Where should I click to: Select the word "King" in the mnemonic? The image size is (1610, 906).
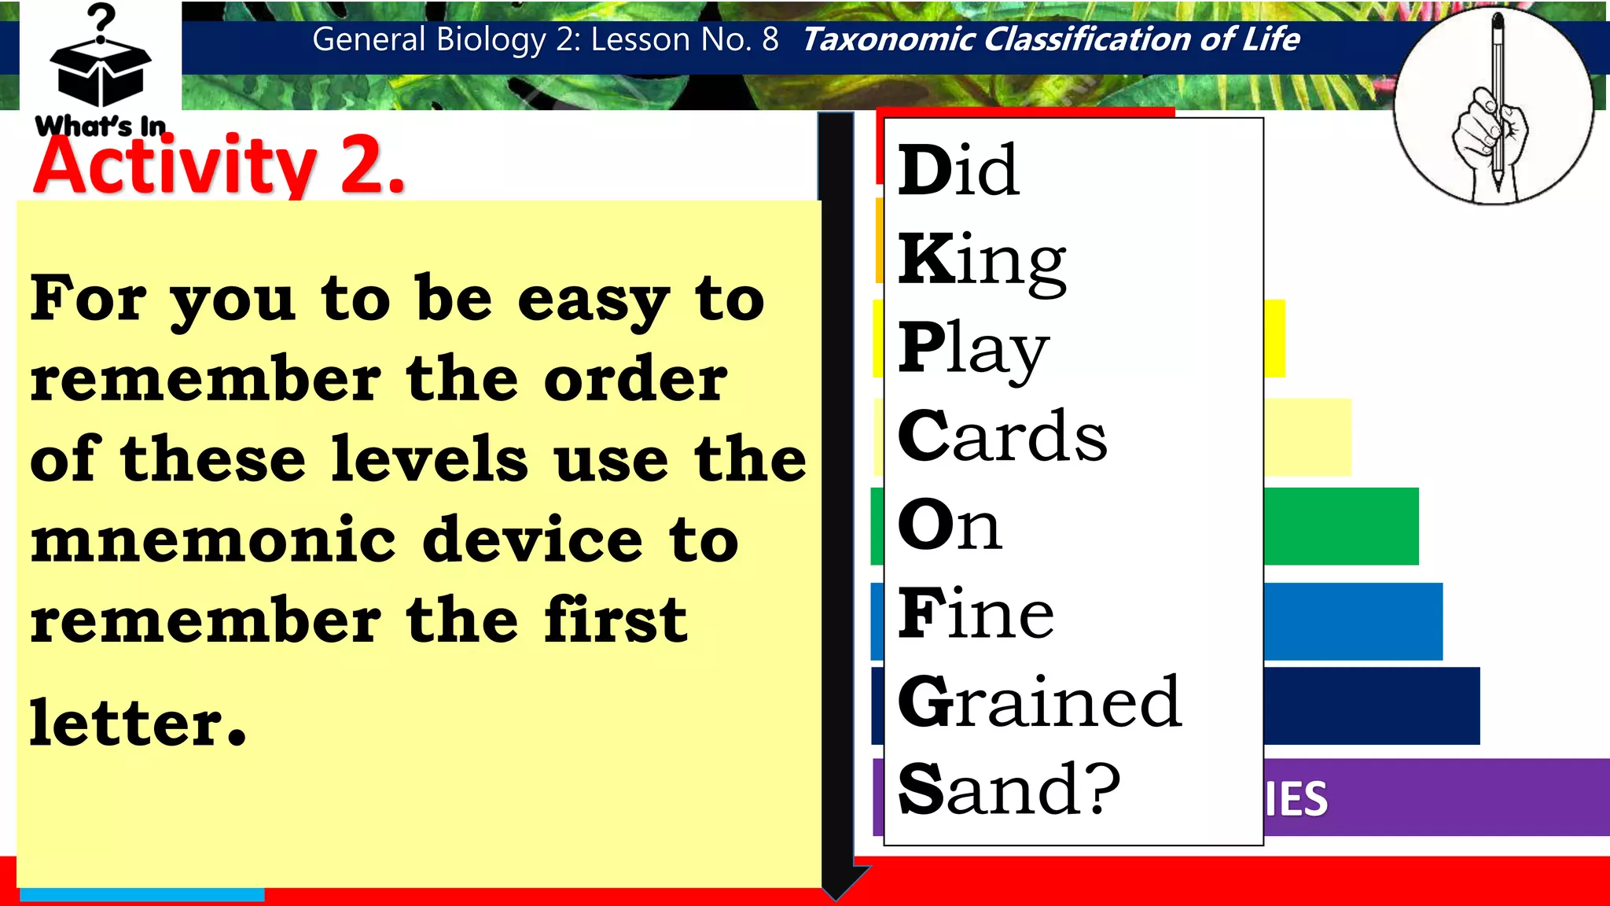tap(982, 260)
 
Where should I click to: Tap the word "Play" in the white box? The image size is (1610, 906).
tap(973, 349)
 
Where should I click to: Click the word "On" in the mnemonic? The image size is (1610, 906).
tap(950, 525)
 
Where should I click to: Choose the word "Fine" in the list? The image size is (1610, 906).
tap(976, 613)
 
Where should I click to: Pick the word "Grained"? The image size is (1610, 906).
tap(1039, 702)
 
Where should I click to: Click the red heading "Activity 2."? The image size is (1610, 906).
tap(219, 166)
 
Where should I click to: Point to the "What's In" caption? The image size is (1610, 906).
tap(101, 126)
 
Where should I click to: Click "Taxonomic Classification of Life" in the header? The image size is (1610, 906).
tap(1051, 39)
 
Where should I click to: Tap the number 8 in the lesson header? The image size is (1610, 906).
tap(770, 39)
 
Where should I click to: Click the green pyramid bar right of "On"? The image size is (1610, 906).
tap(1340, 526)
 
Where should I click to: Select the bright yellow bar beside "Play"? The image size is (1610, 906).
tap(1274, 338)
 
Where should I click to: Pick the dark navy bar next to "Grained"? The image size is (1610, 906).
tap(1371, 705)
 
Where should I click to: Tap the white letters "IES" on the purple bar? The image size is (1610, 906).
tap(1296, 799)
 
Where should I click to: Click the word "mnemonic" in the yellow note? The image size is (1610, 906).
tap(213, 541)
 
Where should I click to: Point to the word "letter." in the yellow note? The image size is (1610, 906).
tap(138, 723)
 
